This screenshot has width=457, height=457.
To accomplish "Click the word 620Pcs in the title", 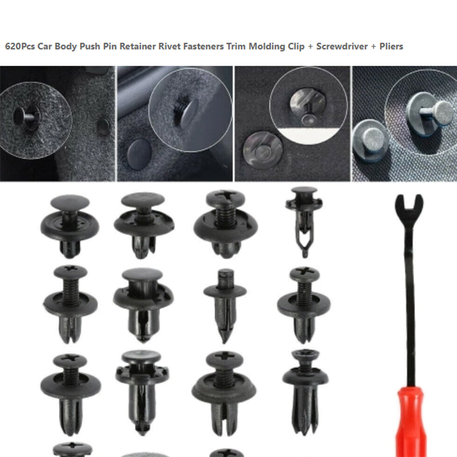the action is pyautogui.click(x=20, y=46).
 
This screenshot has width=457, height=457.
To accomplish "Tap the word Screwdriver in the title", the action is pyautogui.click(x=342, y=46).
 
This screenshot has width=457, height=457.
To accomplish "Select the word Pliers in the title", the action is pyautogui.click(x=391, y=46).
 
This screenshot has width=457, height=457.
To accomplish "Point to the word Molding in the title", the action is pyautogui.click(x=267, y=47).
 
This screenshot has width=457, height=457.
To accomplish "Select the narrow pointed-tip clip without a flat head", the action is pyautogui.click(x=225, y=306).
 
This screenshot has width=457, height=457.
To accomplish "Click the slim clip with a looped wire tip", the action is pyautogui.click(x=304, y=222).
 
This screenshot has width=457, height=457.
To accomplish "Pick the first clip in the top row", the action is pyautogui.click(x=70, y=226).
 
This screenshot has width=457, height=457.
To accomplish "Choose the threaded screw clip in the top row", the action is pyautogui.click(x=226, y=223).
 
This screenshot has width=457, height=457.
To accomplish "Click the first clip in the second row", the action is pyautogui.click(x=70, y=304).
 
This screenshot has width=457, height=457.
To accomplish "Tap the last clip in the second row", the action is pyautogui.click(x=304, y=304).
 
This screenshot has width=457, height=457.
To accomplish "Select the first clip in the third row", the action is pyautogui.click(x=70, y=394).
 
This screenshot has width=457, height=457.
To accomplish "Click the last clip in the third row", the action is pyautogui.click(x=305, y=392).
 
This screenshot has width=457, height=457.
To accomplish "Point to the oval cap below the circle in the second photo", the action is pyautogui.click(x=139, y=154).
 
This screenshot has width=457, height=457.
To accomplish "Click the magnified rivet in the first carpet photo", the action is pyautogui.click(x=26, y=118).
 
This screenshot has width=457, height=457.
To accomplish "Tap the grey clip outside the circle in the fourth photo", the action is pyautogui.click(x=369, y=141).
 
